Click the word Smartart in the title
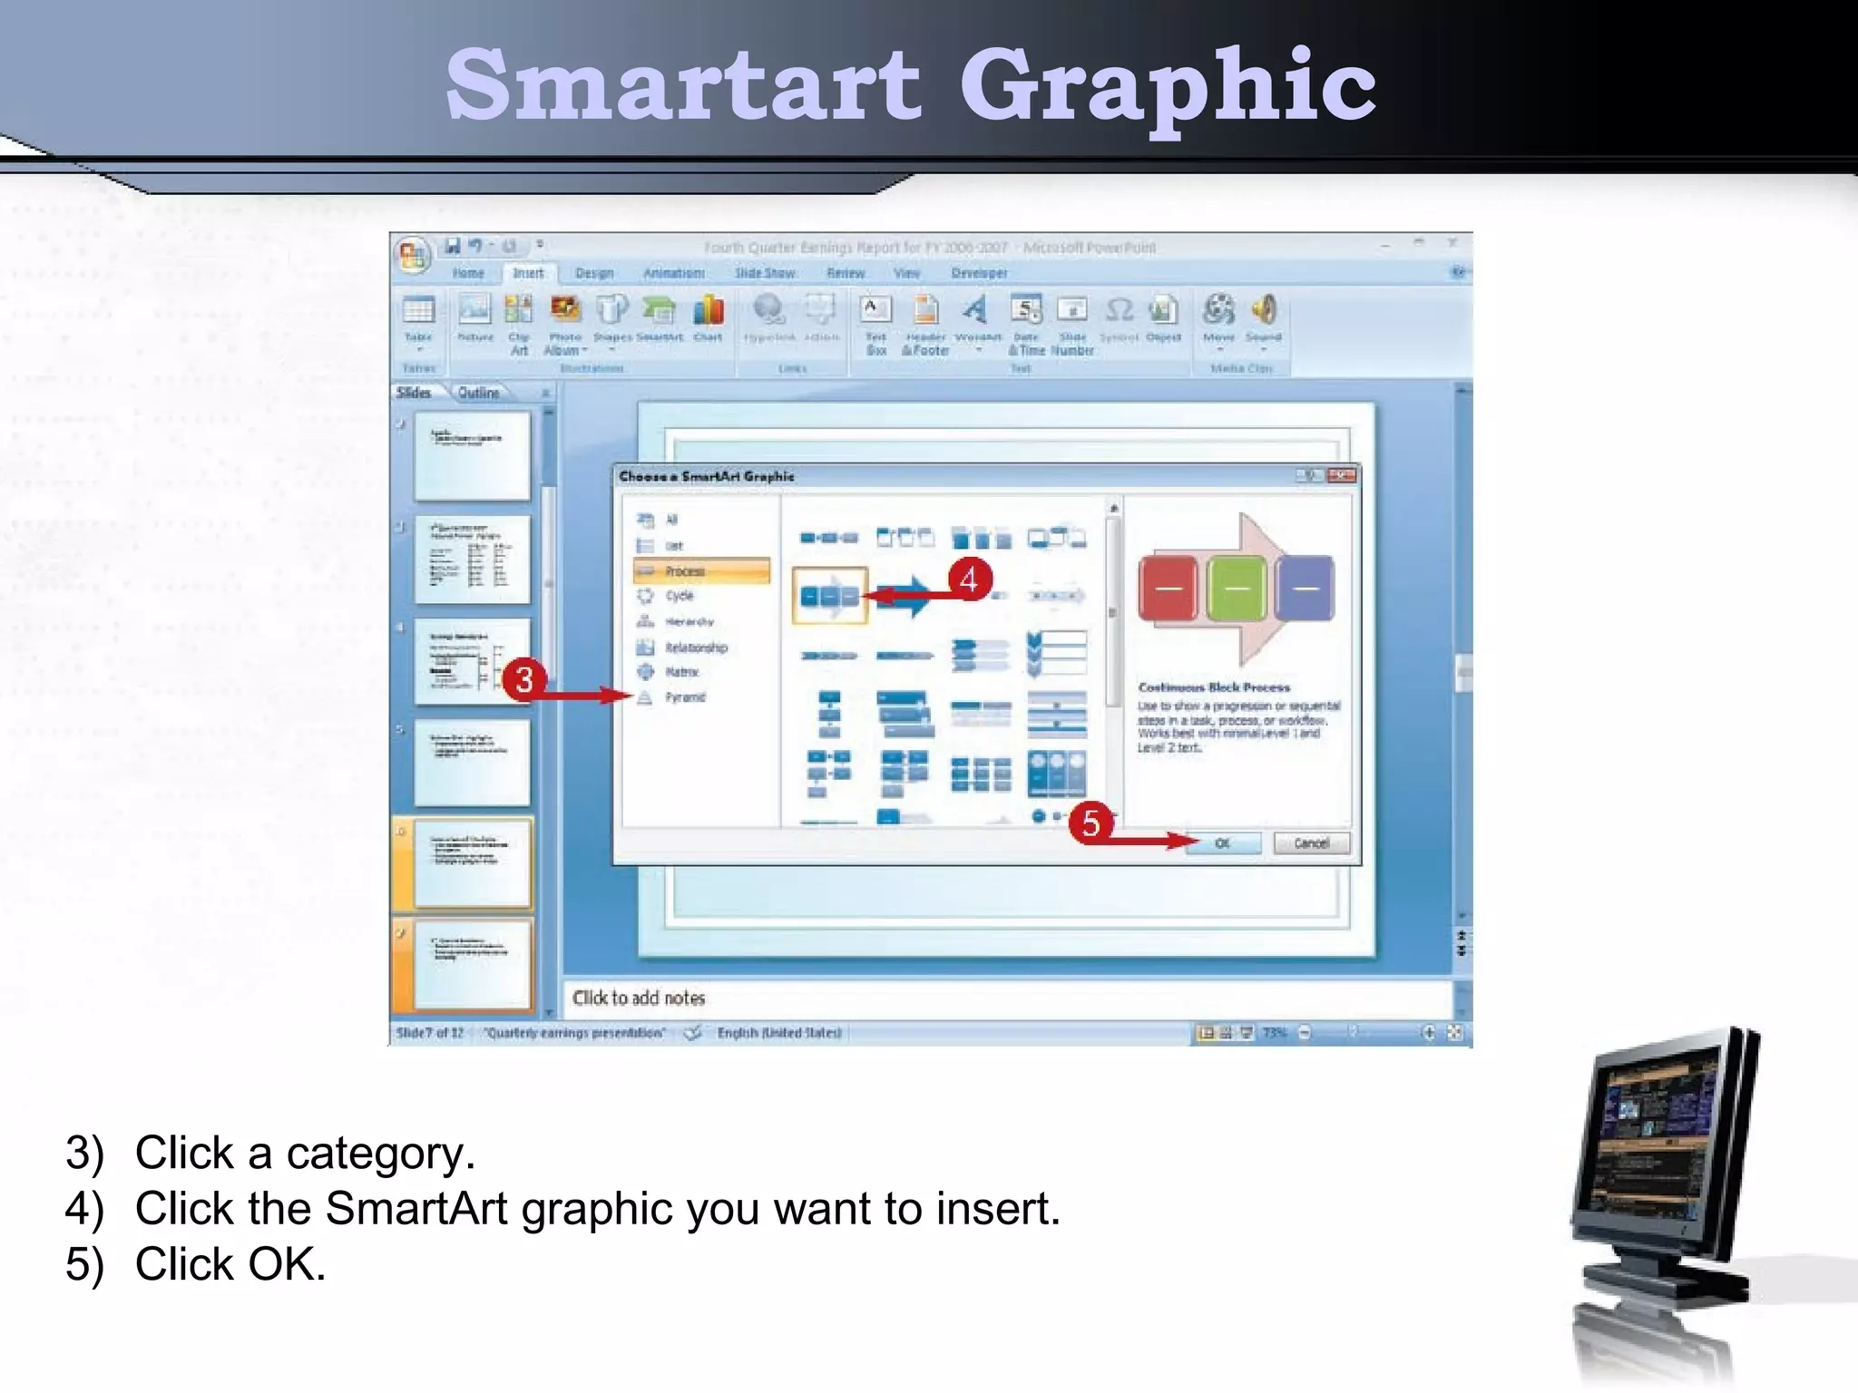(682, 85)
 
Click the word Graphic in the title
(1168, 87)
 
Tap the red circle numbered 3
(524, 679)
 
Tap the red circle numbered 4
(969, 579)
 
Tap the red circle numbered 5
(1090, 823)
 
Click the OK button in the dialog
(1223, 843)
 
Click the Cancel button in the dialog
(1311, 843)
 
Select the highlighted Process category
(701, 570)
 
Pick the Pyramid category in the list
(684, 697)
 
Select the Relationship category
(695, 648)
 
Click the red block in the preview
(1168, 589)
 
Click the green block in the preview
(1237, 589)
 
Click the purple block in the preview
(1305, 589)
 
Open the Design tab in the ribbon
(594, 273)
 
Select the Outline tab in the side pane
(478, 393)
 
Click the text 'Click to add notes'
(639, 998)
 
